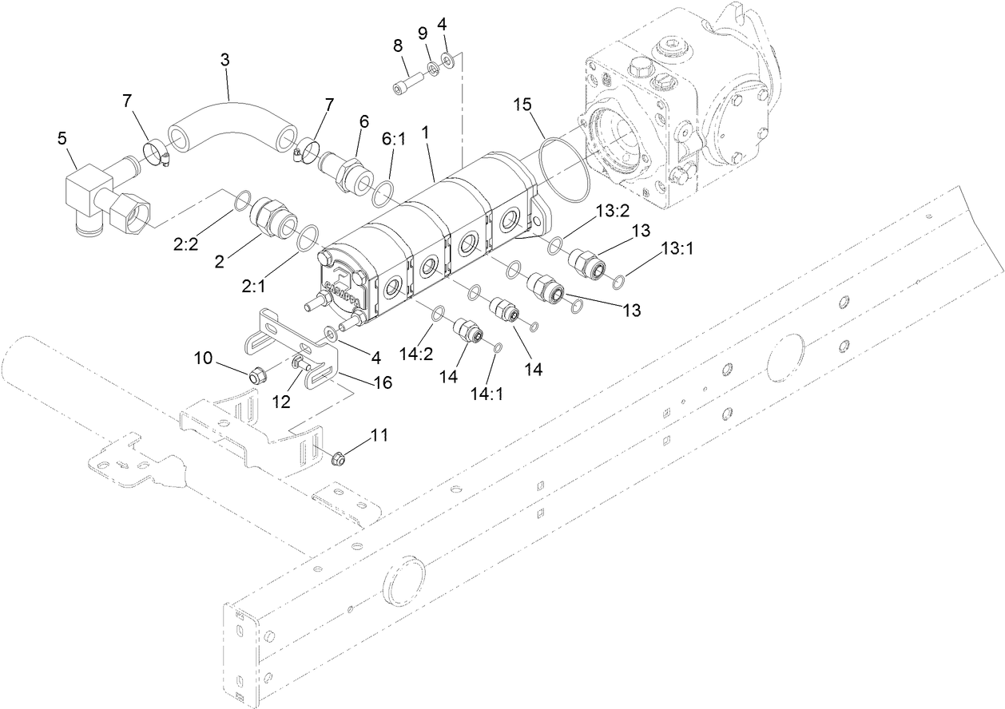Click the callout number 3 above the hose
[x=226, y=59]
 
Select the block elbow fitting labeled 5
[x=87, y=192]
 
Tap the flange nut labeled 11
[x=337, y=458]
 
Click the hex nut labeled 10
[x=258, y=373]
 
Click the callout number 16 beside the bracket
[x=383, y=382]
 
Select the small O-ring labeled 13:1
[x=618, y=280]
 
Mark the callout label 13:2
[x=612, y=210]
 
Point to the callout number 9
[x=423, y=34]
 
